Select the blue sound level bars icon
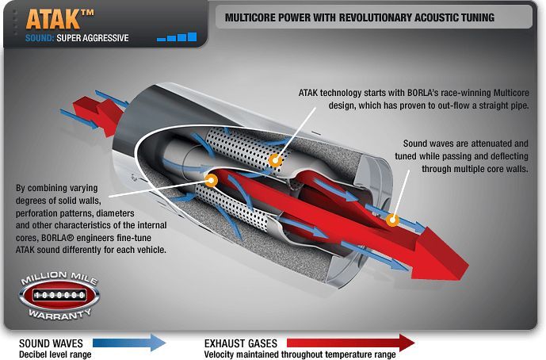pyautogui.click(x=177, y=36)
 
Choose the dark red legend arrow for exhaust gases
pyautogui.click(x=350, y=343)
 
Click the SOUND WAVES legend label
pyautogui.click(x=51, y=343)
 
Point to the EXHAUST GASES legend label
pyautogui.click(x=241, y=343)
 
